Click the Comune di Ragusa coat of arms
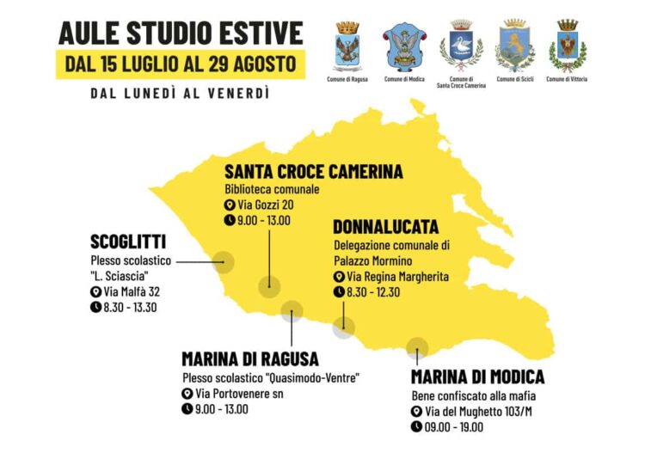click(x=347, y=46)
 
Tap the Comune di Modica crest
click(x=402, y=46)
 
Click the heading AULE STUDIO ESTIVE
click(x=181, y=33)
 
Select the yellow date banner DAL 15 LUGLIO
click(x=181, y=64)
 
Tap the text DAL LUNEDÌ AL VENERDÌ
click(x=180, y=93)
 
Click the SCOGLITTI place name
click(x=128, y=242)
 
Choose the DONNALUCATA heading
click(x=385, y=227)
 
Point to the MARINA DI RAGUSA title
click(x=250, y=358)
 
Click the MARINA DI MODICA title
click(x=477, y=376)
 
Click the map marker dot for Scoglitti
click(x=224, y=262)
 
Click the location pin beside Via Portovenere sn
click(x=187, y=394)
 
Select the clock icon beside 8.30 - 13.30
click(x=95, y=307)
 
